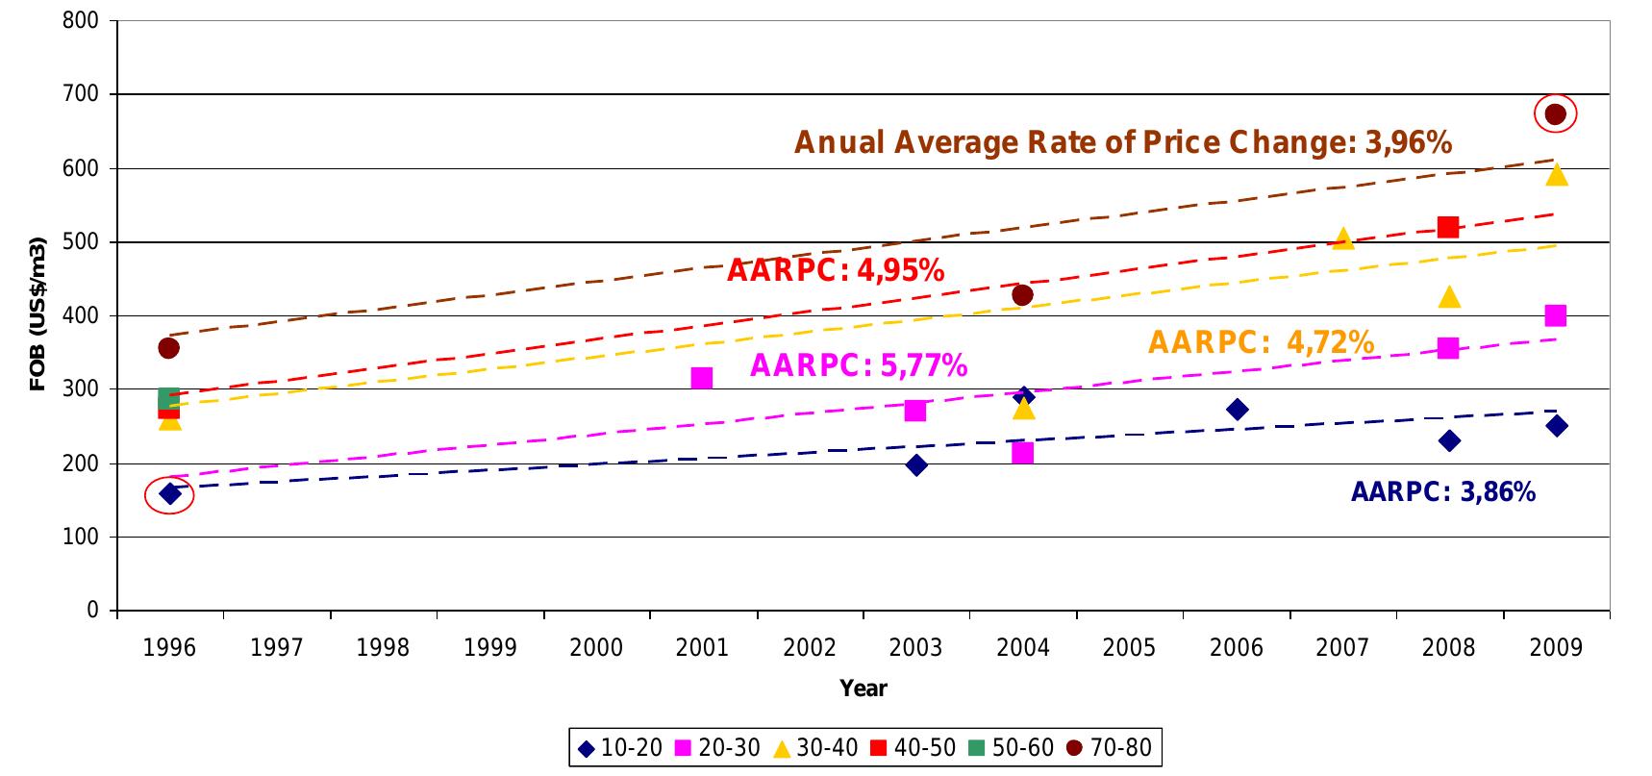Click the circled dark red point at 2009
1555,114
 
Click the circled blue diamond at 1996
170,494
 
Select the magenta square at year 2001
702,378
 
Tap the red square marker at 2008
1448,227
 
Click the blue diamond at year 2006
1237,410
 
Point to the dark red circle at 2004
1022,295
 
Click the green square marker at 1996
168,398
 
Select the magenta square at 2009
1555,315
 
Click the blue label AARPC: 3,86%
1442,492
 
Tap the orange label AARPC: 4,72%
1261,342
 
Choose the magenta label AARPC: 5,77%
858,365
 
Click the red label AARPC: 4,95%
835,271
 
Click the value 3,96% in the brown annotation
1408,143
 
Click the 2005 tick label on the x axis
1129,647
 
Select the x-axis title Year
863,688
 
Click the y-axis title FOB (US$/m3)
38,314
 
